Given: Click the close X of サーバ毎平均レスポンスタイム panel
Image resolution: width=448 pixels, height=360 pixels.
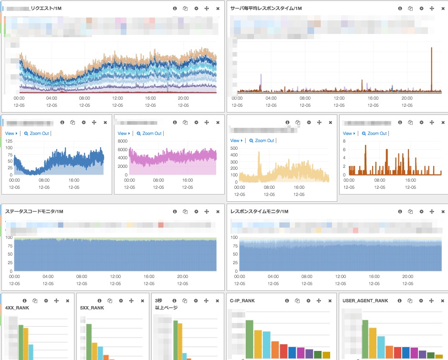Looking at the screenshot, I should pos(443,9).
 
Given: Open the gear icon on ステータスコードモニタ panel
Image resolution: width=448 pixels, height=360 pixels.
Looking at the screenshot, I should pos(196,211).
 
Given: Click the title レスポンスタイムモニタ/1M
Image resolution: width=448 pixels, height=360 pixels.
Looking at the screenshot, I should pos(260,211).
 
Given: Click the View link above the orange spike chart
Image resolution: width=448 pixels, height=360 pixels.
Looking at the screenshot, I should pos(348,134).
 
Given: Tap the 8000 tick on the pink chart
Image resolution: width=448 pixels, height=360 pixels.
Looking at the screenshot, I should pos(122,141).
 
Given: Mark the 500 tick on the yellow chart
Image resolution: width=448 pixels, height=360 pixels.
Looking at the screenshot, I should pos(234,148).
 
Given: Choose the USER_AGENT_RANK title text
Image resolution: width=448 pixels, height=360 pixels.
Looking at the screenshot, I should pos(365,301).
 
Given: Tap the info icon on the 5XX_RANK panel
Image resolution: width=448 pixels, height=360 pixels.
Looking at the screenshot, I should pos(99,301).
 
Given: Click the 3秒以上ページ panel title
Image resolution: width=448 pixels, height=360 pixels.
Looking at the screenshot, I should pos(166,304).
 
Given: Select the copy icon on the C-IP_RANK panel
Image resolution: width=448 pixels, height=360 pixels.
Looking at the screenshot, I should pos(298,301).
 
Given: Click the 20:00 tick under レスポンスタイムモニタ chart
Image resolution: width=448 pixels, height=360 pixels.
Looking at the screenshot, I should pos(407,276).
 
